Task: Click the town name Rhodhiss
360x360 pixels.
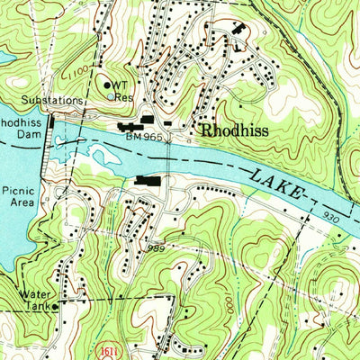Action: [237, 130]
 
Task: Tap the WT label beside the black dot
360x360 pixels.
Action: [121, 83]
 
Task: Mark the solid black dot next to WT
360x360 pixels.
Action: [107, 85]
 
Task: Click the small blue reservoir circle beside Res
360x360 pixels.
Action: [111, 95]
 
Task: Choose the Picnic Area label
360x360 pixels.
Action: [17, 197]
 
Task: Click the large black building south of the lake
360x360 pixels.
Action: [148, 183]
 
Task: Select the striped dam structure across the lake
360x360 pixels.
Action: [49, 131]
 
